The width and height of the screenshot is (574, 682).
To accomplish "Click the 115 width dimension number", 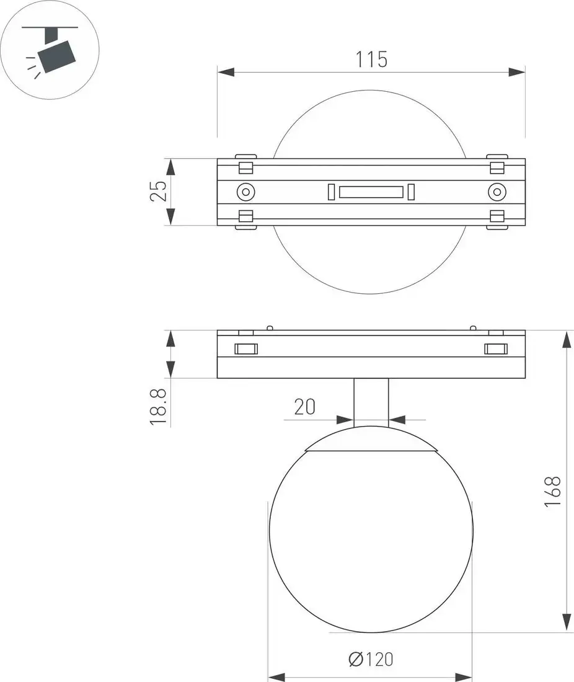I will [371, 60].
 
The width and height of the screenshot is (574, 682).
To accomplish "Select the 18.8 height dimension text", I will [159, 407].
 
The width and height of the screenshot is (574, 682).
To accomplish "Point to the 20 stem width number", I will [304, 407].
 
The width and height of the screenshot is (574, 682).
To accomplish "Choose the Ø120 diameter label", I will [371, 659].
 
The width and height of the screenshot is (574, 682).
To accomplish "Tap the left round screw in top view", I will [246, 192].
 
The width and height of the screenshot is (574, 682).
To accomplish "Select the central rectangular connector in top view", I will [371, 192].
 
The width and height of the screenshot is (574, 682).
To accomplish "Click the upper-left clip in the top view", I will [246, 166].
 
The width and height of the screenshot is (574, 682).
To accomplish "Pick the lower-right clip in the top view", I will [497, 218].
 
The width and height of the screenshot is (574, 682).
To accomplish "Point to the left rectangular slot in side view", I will [245, 348].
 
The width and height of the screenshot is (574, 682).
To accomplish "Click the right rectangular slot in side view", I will [496, 348].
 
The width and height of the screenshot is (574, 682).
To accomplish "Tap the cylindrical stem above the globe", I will [371, 401].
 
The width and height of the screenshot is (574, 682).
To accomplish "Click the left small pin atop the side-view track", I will [270, 327].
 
